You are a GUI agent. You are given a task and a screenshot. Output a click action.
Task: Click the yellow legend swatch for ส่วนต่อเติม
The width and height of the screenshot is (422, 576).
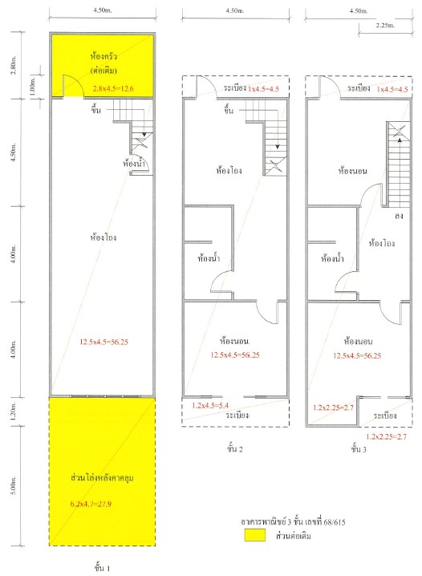click(255, 535)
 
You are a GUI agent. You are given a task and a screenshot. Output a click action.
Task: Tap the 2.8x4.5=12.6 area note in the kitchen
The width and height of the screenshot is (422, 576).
click(113, 88)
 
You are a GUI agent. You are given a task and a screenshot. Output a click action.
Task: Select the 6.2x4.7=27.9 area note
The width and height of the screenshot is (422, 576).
click(91, 504)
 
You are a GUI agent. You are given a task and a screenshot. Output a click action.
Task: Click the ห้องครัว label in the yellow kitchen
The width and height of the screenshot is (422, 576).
click(103, 56)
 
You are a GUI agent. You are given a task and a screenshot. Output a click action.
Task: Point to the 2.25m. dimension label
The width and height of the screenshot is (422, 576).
click(385, 26)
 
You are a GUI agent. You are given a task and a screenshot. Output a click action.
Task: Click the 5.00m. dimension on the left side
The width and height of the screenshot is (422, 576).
click(14, 485)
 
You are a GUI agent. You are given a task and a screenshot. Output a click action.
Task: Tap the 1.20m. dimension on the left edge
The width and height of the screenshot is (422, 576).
click(14, 412)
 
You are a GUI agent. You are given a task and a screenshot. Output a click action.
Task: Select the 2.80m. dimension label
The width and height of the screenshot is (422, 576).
click(14, 66)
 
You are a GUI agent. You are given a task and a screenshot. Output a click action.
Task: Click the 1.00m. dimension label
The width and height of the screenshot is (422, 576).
click(33, 87)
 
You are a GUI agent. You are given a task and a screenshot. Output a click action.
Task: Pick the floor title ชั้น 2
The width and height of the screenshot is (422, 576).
click(235, 448)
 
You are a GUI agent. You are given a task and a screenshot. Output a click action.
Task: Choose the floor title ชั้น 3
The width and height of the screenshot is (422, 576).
click(359, 448)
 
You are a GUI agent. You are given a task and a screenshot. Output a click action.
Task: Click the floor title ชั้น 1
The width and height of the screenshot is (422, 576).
click(102, 568)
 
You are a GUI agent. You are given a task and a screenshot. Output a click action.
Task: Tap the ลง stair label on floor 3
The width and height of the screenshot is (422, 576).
click(399, 216)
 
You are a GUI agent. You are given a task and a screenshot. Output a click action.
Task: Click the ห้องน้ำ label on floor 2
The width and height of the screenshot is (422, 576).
click(209, 258)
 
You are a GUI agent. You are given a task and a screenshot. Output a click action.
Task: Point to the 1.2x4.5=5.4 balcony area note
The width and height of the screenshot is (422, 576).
click(210, 406)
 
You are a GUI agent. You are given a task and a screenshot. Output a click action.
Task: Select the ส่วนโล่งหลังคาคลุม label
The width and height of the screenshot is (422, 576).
click(102, 478)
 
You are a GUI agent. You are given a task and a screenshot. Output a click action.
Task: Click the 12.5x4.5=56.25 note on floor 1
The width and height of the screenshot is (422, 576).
click(104, 342)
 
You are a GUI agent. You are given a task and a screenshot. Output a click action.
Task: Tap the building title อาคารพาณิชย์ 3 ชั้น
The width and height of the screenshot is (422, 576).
click(278, 521)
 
